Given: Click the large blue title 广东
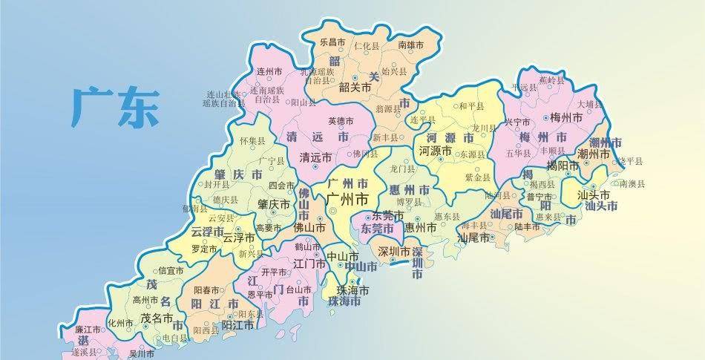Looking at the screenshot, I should [x=115, y=106].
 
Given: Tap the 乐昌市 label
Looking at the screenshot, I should [x=332, y=43].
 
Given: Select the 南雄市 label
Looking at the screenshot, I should [x=410, y=45].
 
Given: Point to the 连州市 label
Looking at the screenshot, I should [x=269, y=72].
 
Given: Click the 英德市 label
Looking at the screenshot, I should [x=341, y=121].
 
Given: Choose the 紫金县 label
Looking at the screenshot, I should [x=477, y=178].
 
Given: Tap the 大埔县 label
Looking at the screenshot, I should [x=590, y=105].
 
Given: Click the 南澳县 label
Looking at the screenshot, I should [x=632, y=183].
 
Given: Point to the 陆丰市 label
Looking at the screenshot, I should [x=527, y=227].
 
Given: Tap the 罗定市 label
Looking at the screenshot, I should [x=203, y=250].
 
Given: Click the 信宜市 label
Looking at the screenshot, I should [x=171, y=271].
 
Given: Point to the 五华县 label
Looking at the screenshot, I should [x=517, y=154].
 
